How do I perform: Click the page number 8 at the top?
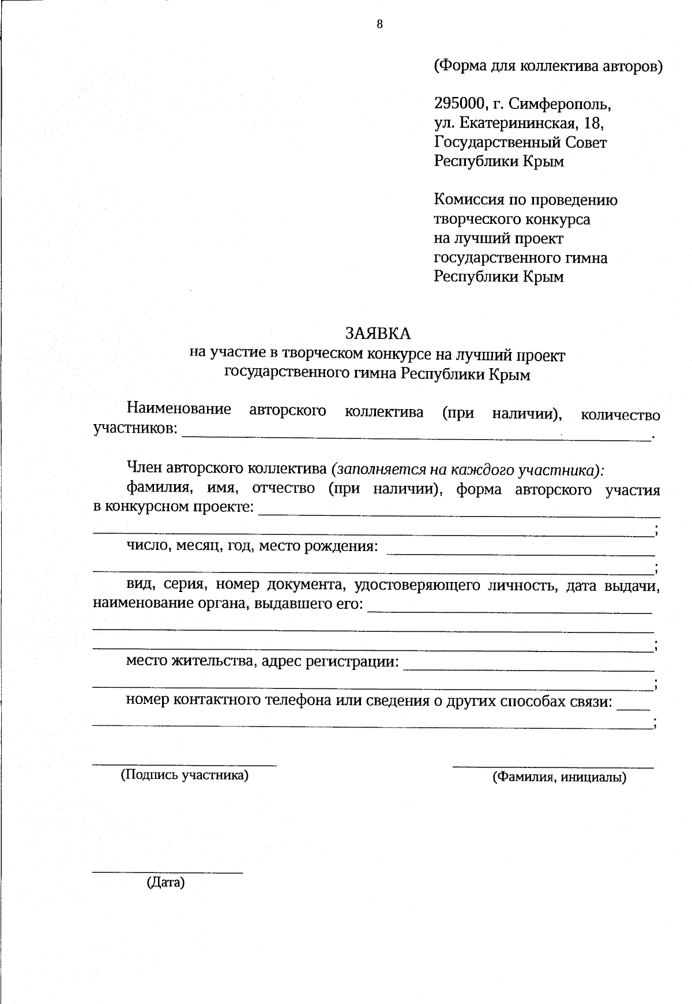point(379,24)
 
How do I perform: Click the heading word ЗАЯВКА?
point(378,334)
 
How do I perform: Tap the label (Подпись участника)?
point(184,775)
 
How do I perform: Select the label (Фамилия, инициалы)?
point(559,777)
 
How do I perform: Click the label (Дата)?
point(166,882)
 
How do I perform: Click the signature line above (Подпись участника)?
point(185,765)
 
